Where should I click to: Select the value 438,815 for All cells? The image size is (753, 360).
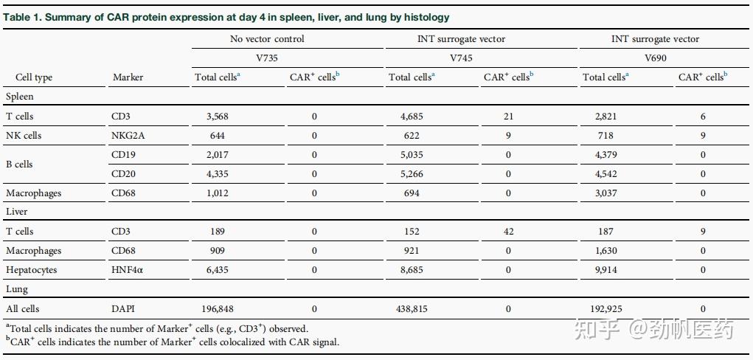pos(412,308)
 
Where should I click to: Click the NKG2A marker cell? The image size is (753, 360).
pos(128,136)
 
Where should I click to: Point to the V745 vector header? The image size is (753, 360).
pos(460,58)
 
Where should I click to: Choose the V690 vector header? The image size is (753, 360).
pos(655,58)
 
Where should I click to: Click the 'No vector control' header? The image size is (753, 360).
pos(266,39)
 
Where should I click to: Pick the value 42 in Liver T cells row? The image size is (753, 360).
pos(507,232)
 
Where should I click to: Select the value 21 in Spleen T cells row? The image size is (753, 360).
pos(507,117)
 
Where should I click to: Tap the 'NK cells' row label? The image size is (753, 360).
pos(24,136)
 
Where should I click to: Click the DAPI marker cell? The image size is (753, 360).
pos(123,308)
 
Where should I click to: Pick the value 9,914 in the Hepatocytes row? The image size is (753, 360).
pos(605,270)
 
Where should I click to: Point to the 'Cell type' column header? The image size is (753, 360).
pos(34,77)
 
